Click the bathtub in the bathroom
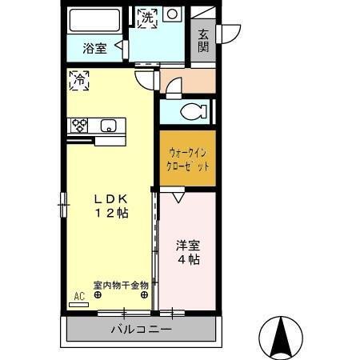[94, 20]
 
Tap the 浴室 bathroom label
[94, 48]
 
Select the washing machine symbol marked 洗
[146, 17]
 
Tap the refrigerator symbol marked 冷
[79, 79]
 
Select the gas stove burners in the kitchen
[79, 125]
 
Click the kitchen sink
[109, 125]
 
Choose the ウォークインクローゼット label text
[187, 159]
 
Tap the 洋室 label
[188, 245]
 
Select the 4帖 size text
[188, 260]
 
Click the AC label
[78, 296]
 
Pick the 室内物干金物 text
[120, 284]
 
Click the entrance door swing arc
[232, 34]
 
